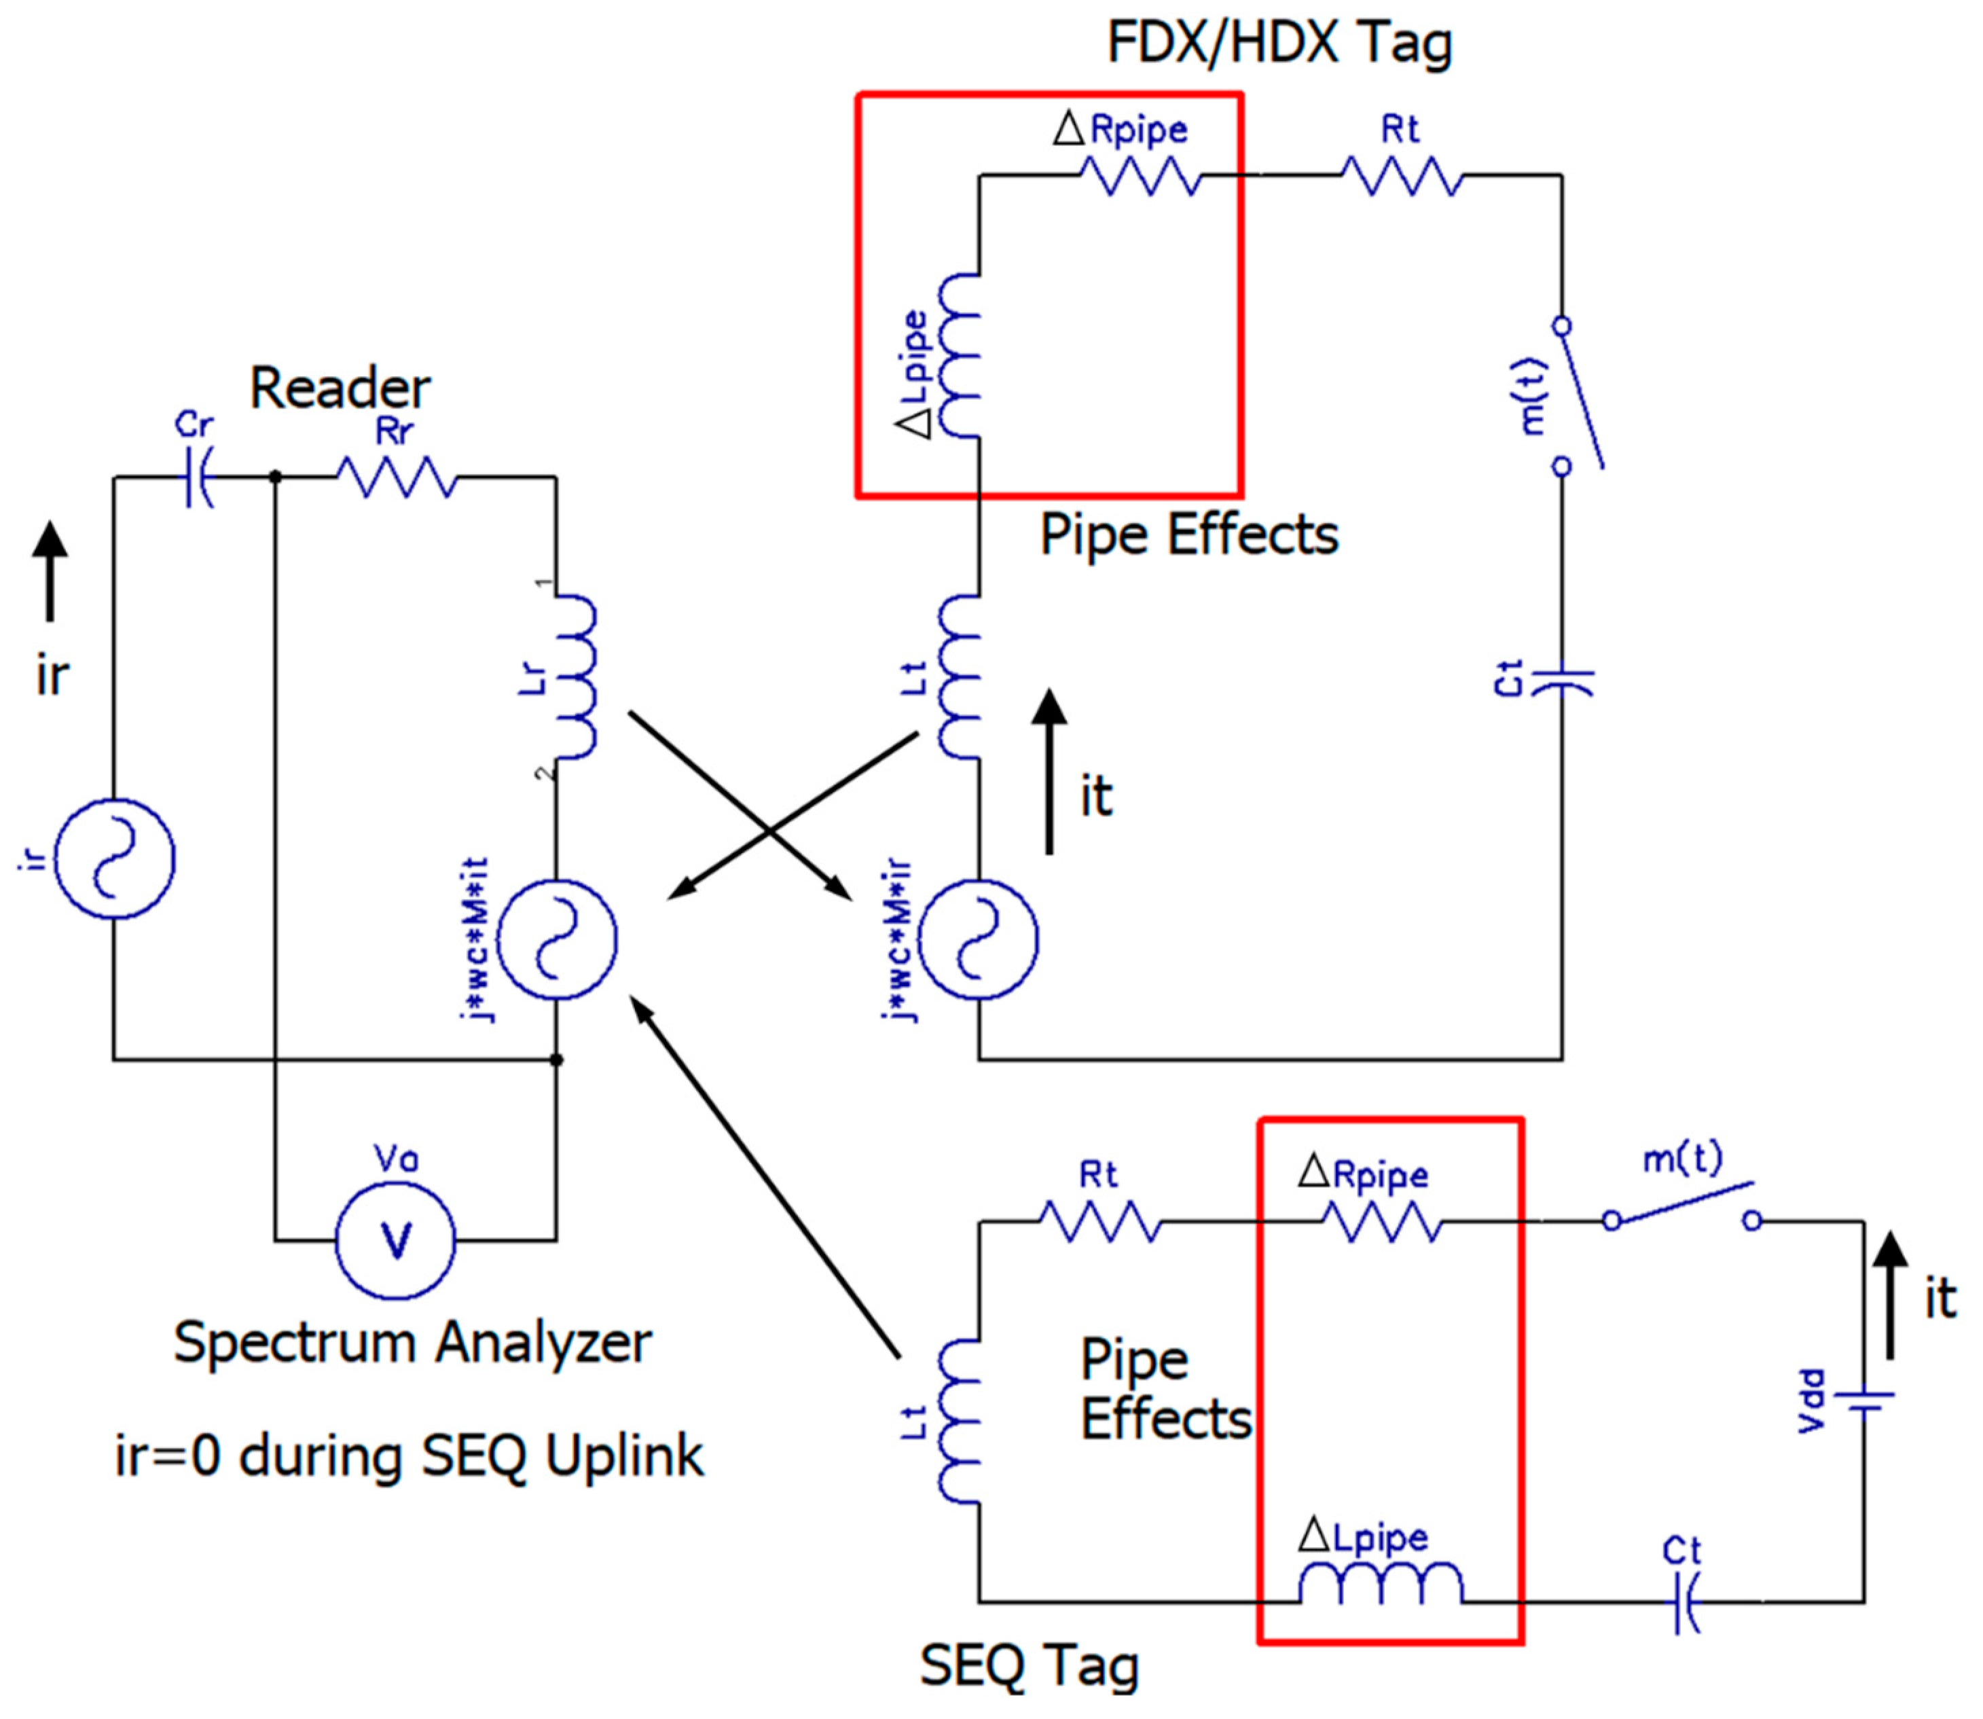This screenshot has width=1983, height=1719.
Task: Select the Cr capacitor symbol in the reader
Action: coord(198,477)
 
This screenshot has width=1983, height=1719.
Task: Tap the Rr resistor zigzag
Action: coord(396,477)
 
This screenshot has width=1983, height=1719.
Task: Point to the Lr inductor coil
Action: coord(574,677)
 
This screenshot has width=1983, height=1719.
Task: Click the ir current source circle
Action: coord(114,858)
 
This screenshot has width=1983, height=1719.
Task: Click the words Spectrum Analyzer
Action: coord(412,1342)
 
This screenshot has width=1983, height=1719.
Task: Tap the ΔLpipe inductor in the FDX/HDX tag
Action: coord(960,356)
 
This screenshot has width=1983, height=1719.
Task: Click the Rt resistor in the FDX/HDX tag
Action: coord(1402,175)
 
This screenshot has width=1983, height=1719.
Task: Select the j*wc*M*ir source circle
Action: coord(978,939)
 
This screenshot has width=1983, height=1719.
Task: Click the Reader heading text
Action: coord(340,388)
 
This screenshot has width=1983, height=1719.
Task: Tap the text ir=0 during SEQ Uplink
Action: coord(410,1456)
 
